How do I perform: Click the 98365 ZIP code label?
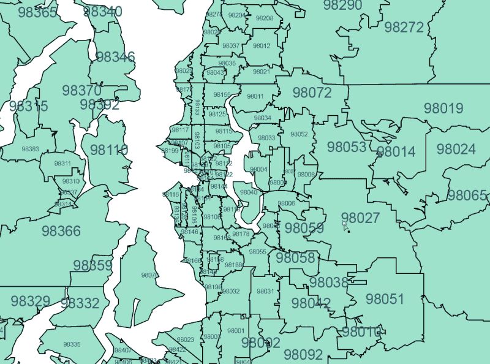pos(38,12)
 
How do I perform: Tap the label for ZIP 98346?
pos(115,57)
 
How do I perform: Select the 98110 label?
pos(109,150)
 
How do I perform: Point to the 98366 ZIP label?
pos(61,231)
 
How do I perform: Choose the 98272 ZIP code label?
pos(404,27)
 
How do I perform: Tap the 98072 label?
pos(312,93)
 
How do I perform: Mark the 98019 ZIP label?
pos(443,108)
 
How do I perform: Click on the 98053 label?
pos(346,147)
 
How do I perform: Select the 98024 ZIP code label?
pos(456,149)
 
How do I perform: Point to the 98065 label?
pos(467,195)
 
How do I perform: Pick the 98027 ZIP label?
pos(361,218)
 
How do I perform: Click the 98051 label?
pos(385,299)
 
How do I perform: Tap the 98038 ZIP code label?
pos(328,282)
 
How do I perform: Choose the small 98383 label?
pos(30,149)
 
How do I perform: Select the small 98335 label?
pos(72,344)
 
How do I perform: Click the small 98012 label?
pos(262,46)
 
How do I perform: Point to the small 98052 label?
pos(299,134)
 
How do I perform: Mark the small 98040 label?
pos(249,192)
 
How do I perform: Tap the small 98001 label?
pos(235,331)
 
